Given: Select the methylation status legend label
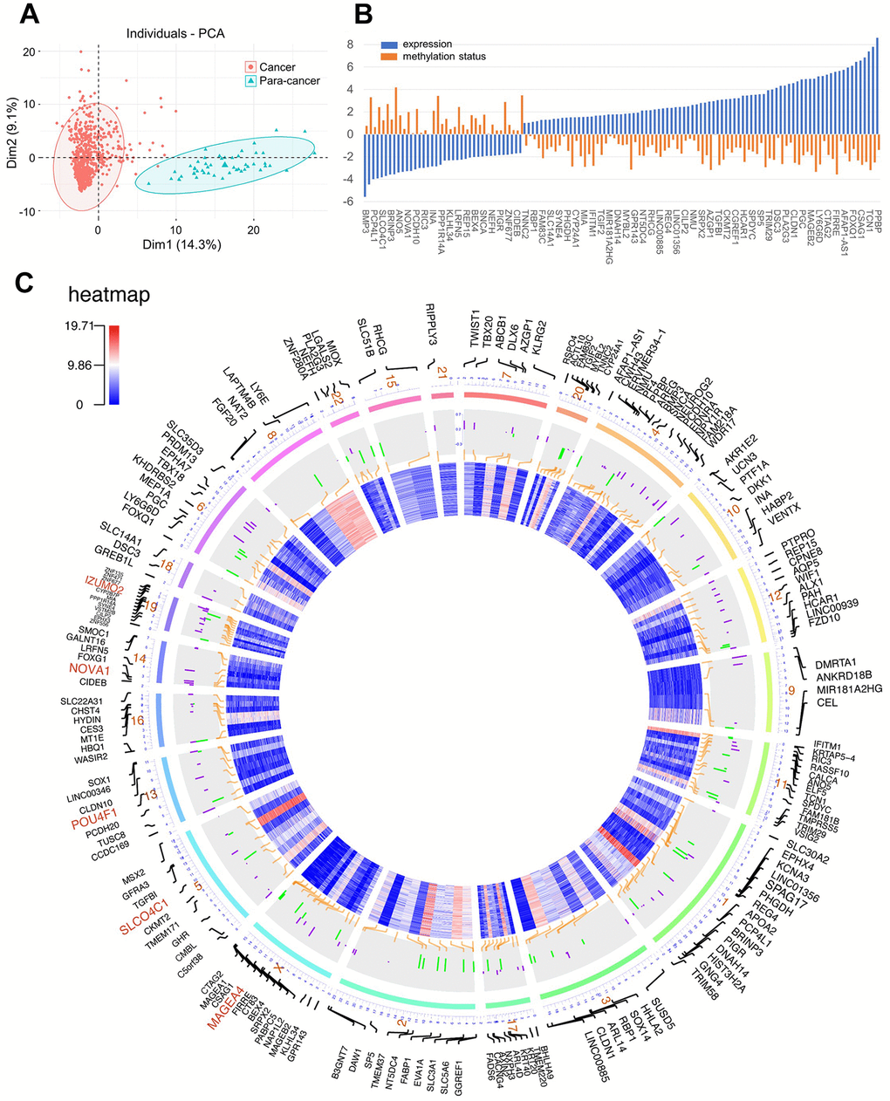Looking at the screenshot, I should point(444,57).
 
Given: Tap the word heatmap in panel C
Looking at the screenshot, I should point(108,295).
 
